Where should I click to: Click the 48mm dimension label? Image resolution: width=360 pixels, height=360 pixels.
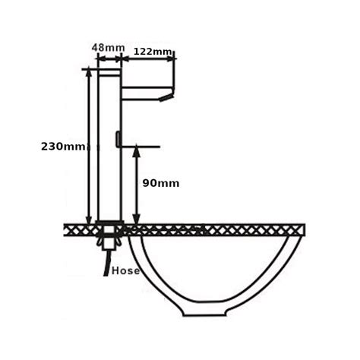(108, 47)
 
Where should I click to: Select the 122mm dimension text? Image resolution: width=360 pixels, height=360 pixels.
(152, 51)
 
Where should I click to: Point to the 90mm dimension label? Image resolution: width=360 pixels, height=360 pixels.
(161, 182)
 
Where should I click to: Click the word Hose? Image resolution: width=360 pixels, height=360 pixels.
(125, 270)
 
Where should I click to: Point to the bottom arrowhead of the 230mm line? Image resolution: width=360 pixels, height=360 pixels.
(89, 219)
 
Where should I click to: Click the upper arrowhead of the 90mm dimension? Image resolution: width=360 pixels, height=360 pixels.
(137, 151)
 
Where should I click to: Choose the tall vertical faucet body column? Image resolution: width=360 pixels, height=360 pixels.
(109, 152)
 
